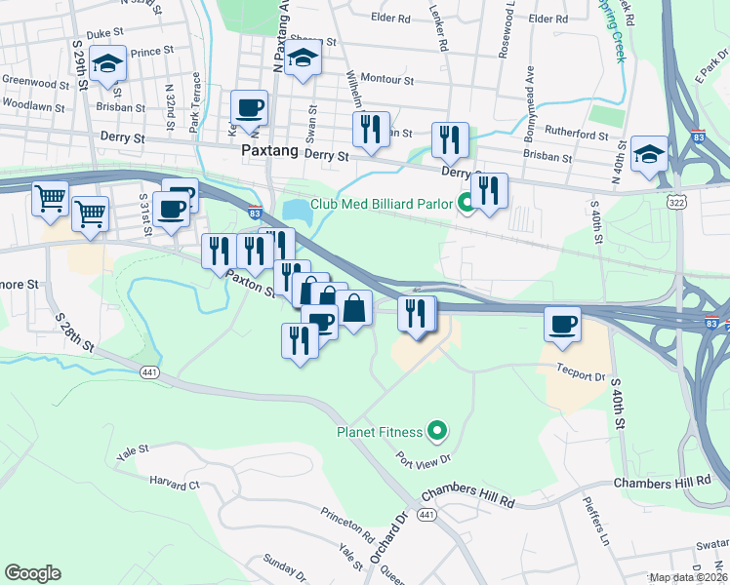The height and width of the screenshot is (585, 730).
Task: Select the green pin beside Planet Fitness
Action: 438,430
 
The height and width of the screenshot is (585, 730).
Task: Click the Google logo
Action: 32,573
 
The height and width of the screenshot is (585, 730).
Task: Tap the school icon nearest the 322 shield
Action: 649,154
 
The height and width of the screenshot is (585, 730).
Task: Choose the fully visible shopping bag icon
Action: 354,308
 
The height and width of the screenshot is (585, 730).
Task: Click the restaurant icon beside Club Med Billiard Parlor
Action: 489,190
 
